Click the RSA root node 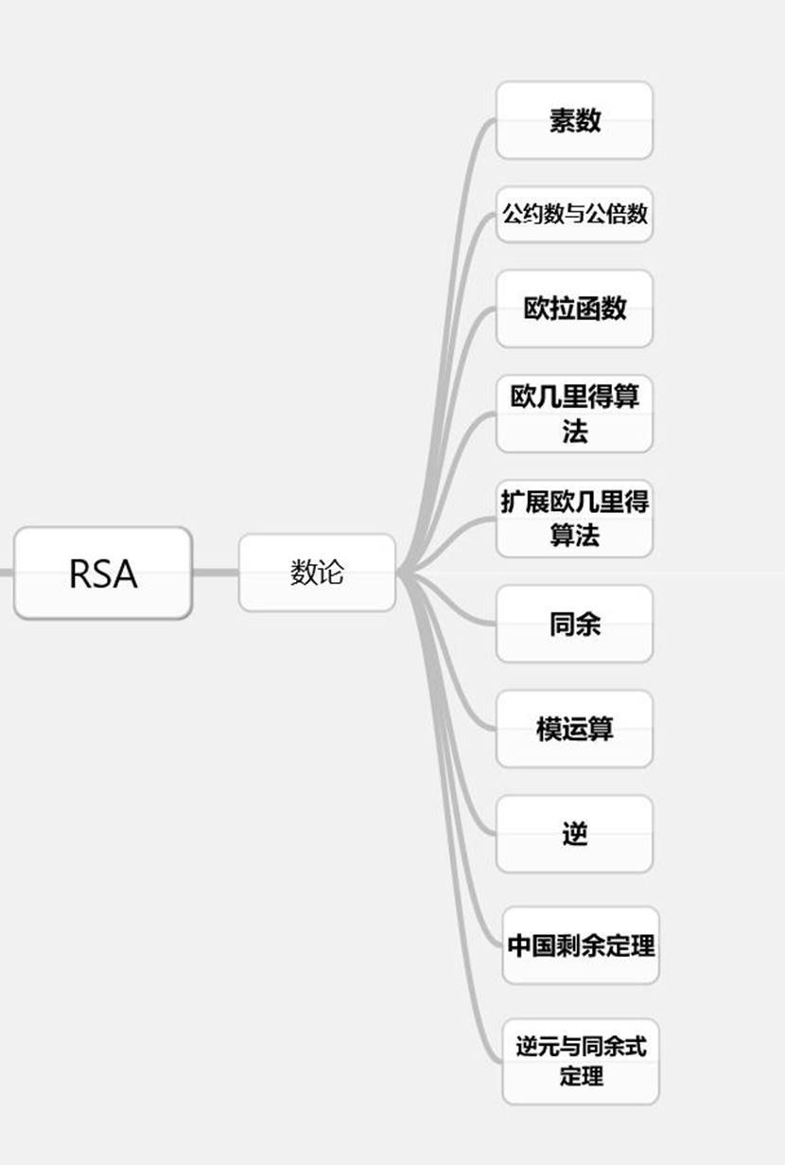[102, 574]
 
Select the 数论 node [317, 573]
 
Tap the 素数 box [574, 120]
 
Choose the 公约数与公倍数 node [574, 214]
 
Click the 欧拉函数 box [574, 309]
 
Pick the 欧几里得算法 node [574, 414]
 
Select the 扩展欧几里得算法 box [574, 519]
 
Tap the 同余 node [574, 624]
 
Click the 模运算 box [574, 729]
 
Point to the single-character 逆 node [574, 834]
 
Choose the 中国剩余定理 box [581, 945]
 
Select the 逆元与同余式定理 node [581, 1061]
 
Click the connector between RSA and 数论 [215, 572]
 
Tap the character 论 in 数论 [331, 573]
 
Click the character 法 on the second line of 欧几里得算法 [574, 432]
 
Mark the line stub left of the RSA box [6, 572]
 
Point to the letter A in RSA [126, 574]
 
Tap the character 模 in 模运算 [549, 729]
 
